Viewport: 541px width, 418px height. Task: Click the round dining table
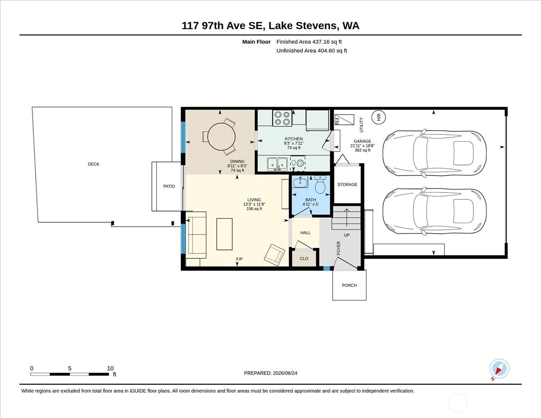coord(221,137)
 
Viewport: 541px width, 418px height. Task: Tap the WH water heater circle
coord(378,117)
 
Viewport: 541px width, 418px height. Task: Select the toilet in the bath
coord(320,184)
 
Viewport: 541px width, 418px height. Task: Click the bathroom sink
coord(301,182)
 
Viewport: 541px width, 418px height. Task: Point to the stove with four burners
coord(282,118)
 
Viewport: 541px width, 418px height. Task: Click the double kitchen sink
coord(277,164)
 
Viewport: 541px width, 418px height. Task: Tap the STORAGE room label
coord(347,184)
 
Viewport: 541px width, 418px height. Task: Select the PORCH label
coord(349,285)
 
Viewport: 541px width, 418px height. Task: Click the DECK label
coord(94,164)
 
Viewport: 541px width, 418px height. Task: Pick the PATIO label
coord(169,186)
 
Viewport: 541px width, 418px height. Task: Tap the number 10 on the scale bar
coord(110,368)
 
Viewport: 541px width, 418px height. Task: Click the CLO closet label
coord(304,259)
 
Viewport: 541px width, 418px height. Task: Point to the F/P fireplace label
coord(239,259)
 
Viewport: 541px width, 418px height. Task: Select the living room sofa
coord(196,235)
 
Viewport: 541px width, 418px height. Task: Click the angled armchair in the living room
coord(275,255)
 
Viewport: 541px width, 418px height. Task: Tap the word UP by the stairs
coord(347,235)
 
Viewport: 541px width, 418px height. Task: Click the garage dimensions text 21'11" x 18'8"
coord(362,146)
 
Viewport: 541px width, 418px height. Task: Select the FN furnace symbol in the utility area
coord(344,120)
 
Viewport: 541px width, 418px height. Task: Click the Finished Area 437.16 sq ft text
coord(309,42)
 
